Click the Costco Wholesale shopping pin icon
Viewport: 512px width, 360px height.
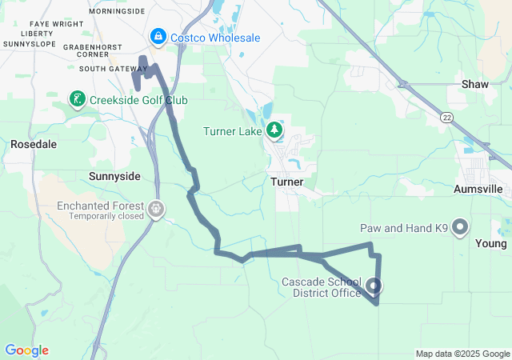point(158,37)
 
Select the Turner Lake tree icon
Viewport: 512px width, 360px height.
point(274,130)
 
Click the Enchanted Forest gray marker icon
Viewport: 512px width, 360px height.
point(156,210)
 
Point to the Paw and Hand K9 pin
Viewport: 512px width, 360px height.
point(460,228)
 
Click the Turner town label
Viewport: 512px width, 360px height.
point(286,182)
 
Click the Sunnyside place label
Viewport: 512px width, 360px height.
point(114,176)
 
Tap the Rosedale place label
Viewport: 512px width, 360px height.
point(34,145)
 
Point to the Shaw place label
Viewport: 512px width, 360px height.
point(475,84)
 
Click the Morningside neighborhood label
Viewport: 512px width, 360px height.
point(118,12)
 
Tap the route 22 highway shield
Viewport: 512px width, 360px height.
point(445,117)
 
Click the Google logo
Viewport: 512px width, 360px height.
point(26,350)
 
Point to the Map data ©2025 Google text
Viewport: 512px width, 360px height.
point(462,354)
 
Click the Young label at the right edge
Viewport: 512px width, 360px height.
point(490,243)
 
